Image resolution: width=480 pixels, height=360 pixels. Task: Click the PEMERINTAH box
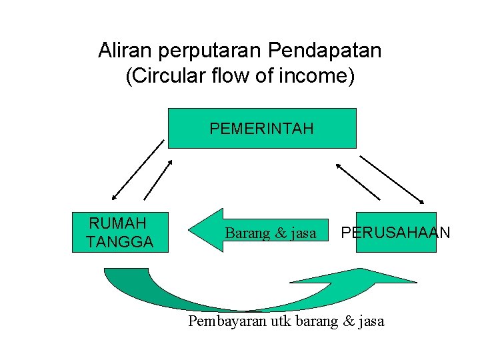click(x=261, y=128)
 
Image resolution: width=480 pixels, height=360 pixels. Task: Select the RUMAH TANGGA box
click(x=120, y=232)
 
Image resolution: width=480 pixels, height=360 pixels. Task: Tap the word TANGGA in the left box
click(x=120, y=241)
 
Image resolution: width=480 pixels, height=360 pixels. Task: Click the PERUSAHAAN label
click(x=396, y=233)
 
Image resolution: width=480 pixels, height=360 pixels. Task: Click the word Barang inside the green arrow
click(x=247, y=233)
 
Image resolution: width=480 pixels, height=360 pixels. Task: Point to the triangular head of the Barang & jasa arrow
click(x=205, y=231)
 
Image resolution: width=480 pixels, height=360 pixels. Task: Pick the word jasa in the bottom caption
click(x=371, y=321)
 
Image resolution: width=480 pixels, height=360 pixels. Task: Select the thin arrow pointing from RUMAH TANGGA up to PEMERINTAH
click(x=159, y=179)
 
